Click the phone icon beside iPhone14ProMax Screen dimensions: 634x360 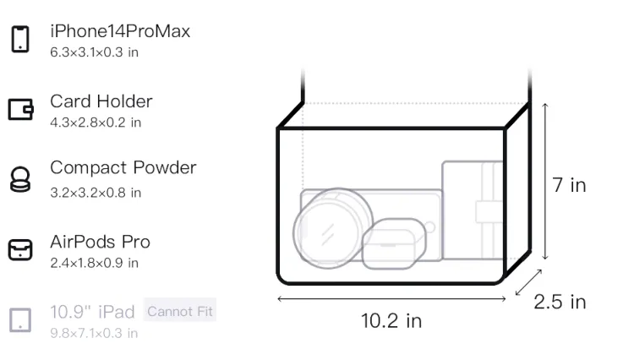pyautogui.click(x=20, y=39)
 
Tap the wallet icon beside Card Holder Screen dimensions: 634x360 pyautogui.click(x=20, y=109)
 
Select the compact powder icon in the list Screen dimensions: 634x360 pyautogui.click(x=20, y=179)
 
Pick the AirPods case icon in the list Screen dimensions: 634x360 pyautogui.click(x=20, y=249)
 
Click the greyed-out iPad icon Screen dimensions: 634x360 pyautogui.click(x=20, y=320)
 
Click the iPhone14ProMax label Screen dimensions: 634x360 pyautogui.click(x=120, y=31)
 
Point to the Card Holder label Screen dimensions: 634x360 pyautogui.click(x=101, y=101)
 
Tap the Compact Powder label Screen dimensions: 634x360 pyautogui.click(x=123, y=167)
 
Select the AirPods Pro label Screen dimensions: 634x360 pyautogui.click(x=100, y=242)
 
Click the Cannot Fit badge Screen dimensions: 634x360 pyautogui.click(x=180, y=311)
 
